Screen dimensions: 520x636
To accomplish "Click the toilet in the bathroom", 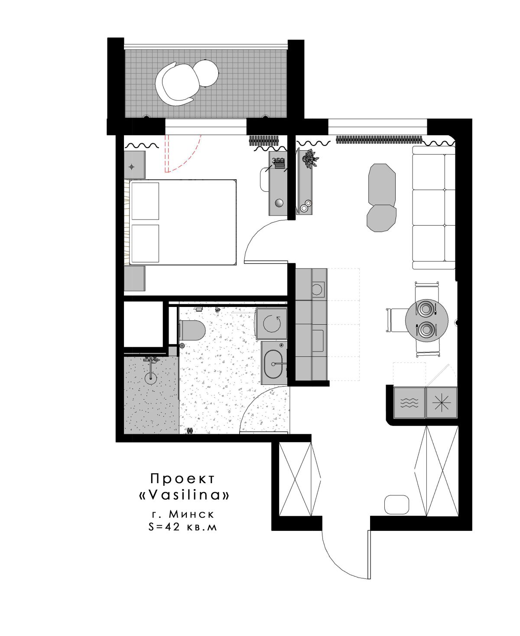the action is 192,330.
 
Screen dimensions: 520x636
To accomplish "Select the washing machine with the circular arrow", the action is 271,323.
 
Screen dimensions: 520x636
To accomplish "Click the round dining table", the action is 426,320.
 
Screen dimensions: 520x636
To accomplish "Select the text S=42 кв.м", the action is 182,526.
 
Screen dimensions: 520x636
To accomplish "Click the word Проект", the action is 183,478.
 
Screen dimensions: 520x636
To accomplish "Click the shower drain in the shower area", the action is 150,378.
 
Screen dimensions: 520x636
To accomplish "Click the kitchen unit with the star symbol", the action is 441,403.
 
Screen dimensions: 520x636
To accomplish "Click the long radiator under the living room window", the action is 379,139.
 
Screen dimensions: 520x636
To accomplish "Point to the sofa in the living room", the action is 434,207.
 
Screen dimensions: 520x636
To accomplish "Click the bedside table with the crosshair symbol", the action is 134,165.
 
